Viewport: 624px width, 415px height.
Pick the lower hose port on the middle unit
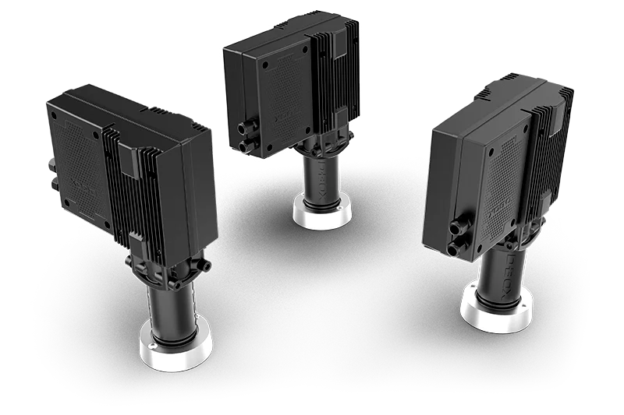[243, 145]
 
